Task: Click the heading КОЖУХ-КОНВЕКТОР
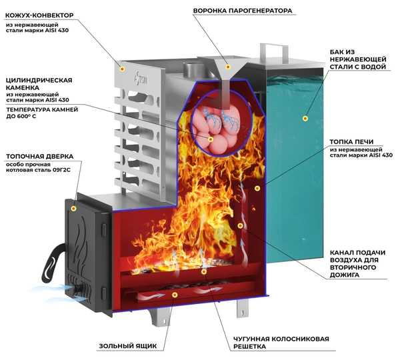[x=39, y=15]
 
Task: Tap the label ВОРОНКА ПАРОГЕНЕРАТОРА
[x=243, y=11]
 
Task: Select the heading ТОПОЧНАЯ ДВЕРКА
[x=40, y=157]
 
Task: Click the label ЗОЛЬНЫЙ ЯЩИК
[x=128, y=346]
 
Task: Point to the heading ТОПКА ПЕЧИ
[x=351, y=142]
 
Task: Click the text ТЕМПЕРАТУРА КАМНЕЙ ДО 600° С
[x=42, y=113]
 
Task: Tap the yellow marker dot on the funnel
[x=228, y=67]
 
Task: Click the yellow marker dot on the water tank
[x=305, y=118]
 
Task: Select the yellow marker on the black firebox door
[x=73, y=209]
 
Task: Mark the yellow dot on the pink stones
[x=211, y=139]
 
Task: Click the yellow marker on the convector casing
[x=122, y=69]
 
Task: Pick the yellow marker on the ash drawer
[x=175, y=295]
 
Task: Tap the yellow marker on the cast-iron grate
[x=204, y=271]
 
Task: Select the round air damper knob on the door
[x=78, y=289]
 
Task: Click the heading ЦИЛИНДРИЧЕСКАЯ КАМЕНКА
[x=39, y=84]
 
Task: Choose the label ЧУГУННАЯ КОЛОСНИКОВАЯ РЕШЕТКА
[x=281, y=343]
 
